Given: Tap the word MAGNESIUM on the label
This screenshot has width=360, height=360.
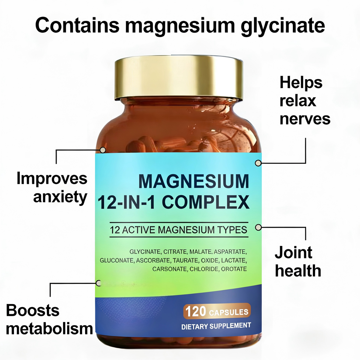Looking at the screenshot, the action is point(193,182).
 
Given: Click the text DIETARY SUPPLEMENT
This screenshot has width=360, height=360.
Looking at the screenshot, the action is point(216,326).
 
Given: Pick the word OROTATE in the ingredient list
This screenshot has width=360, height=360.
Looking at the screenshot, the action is point(234,269).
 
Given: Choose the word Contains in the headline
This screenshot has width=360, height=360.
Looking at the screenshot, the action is point(77,25).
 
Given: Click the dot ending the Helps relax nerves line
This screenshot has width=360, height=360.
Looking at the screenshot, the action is point(258,163).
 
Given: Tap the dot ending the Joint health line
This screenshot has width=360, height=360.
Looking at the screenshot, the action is point(258,227).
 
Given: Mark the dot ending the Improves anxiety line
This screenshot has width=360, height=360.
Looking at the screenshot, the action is point(102,150).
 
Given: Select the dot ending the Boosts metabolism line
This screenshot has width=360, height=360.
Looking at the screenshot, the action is point(99,283).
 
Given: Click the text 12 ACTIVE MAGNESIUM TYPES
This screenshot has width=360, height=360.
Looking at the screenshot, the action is point(178,229).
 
